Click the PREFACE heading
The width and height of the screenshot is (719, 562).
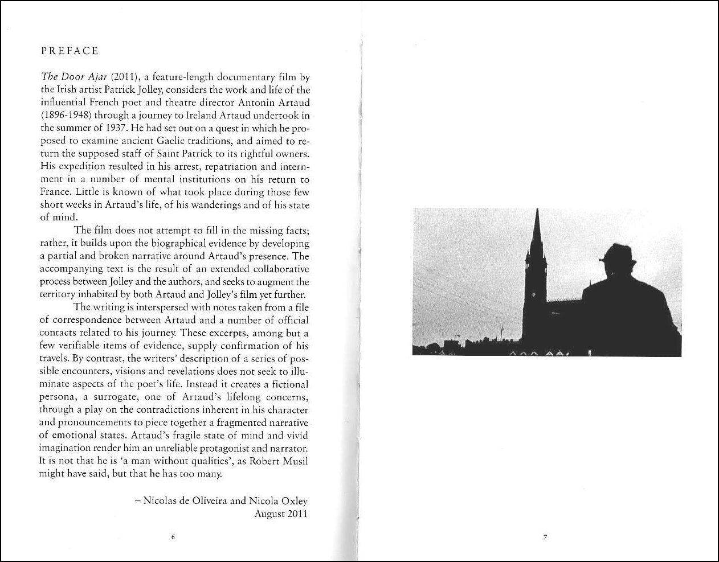70,51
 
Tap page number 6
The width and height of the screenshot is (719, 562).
173,537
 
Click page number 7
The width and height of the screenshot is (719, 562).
545,537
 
